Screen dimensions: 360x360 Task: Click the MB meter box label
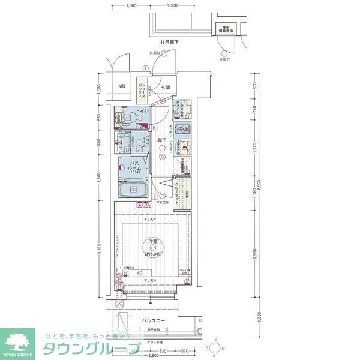click(x=122, y=86)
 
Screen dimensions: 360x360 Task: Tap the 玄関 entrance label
click(x=164, y=88)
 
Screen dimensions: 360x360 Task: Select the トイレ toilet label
click(x=142, y=112)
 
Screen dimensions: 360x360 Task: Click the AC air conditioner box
click(x=140, y=273)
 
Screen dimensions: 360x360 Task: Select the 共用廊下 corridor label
click(x=170, y=42)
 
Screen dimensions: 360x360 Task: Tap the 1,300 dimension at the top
click(x=132, y=5)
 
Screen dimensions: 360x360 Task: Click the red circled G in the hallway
click(x=161, y=158)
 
